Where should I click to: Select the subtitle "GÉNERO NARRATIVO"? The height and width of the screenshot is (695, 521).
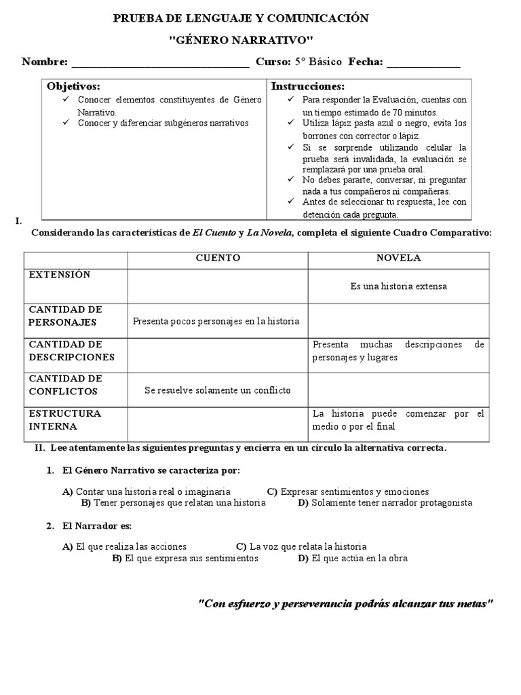click(x=240, y=41)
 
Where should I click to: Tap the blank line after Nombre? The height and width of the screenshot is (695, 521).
click(x=160, y=64)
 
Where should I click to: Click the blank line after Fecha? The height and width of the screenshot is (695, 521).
click(x=423, y=64)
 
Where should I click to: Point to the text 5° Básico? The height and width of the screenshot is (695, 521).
click(x=320, y=62)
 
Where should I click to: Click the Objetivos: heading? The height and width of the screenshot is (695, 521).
click(x=73, y=87)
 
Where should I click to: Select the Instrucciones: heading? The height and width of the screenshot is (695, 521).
click(x=308, y=87)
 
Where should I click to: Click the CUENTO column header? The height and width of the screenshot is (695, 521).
click(x=218, y=259)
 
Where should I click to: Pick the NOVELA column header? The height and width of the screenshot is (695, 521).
click(x=399, y=259)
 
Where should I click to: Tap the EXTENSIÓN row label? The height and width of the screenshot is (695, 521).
click(x=59, y=275)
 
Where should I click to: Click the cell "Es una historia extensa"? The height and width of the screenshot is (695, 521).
click(x=399, y=286)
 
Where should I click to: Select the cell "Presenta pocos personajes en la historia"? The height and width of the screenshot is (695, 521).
click(x=216, y=322)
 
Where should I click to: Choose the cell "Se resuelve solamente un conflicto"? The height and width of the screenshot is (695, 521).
click(x=218, y=390)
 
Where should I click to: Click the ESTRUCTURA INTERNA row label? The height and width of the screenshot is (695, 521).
click(x=64, y=420)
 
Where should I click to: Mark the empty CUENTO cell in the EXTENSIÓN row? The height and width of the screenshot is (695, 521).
click(x=218, y=286)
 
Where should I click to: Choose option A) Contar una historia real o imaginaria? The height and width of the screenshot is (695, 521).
click(x=146, y=491)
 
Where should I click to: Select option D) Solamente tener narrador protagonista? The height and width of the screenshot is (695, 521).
click(x=385, y=503)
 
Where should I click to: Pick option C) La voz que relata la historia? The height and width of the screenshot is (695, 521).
click(x=301, y=546)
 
